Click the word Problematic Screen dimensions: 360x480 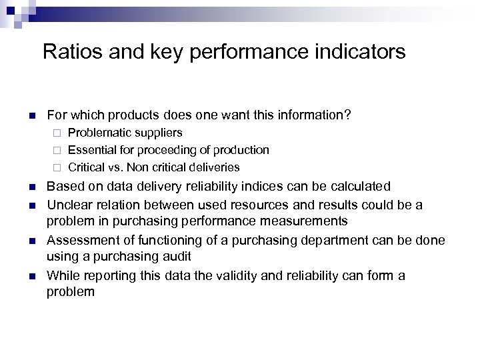(97, 133)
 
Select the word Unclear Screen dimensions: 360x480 (67, 205)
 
